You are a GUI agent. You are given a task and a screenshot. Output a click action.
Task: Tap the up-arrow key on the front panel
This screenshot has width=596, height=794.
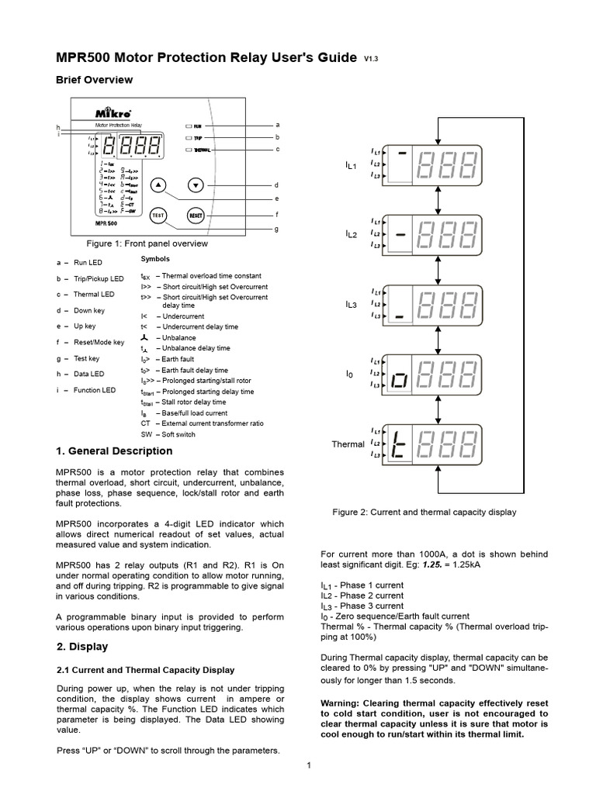coord(158,185)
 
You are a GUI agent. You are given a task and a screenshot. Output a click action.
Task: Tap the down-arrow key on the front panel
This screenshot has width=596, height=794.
coord(196,185)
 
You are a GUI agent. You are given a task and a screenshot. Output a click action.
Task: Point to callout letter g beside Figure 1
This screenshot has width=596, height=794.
coord(277,229)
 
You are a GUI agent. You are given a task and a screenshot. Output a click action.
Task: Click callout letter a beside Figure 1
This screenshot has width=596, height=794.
coord(277,124)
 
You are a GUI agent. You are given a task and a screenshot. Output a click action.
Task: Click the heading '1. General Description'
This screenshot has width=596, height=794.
coord(114,451)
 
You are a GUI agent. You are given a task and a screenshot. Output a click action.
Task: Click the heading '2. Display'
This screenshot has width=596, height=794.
coord(83,647)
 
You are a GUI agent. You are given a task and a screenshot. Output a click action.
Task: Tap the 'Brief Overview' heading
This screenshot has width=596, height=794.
coord(95,80)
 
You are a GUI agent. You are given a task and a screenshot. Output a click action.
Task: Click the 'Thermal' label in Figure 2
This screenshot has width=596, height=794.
coord(348,444)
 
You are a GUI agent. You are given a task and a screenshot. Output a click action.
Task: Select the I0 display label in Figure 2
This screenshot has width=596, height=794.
coord(349,375)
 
